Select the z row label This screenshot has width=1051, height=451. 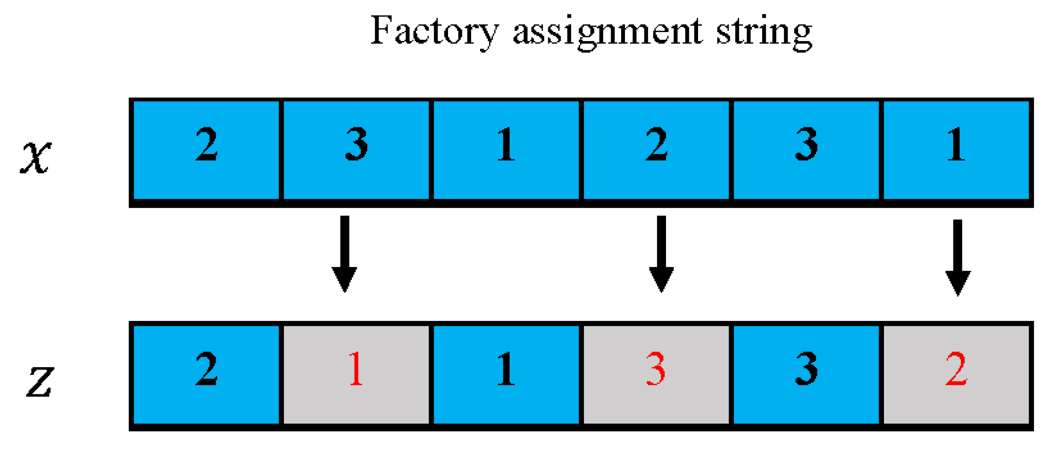[x=40, y=381]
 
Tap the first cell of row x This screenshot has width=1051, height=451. [x=207, y=150]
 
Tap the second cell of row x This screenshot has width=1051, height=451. [x=356, y=150]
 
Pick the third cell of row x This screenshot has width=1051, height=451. [x=506, y=150]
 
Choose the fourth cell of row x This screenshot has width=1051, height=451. [x=656, y=150]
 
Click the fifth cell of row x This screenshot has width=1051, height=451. [x=806, y=150]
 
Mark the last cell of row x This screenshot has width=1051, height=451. [x=956, y=150]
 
